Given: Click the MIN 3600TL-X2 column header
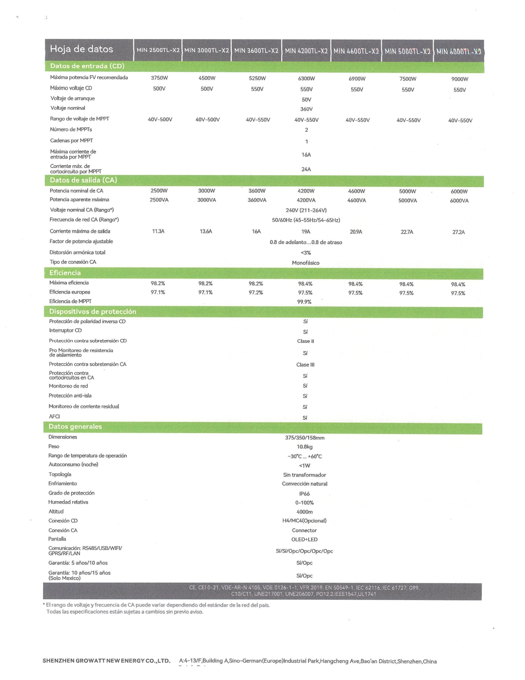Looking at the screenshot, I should click(256, 51).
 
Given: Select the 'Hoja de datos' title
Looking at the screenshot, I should click(82, 49).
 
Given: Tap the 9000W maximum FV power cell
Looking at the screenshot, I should click(460, 79).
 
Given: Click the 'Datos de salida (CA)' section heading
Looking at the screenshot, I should click(84, 180).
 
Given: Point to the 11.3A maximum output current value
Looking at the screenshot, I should click(158, 232).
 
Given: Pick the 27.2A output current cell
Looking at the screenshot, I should click(458, 232).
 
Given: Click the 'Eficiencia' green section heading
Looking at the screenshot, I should click(65, 273).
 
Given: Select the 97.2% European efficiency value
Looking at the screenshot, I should click(256, 293).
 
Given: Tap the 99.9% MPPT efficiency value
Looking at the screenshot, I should click(304, 302).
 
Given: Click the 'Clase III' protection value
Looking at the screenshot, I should click(306, 365).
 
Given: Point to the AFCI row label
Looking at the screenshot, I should click(54, 417).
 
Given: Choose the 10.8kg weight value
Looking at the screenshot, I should click(305, 447).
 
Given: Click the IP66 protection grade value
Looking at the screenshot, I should click(304, 494).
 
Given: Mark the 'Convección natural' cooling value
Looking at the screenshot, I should click(305, 484).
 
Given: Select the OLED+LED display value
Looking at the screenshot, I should click(304, 539).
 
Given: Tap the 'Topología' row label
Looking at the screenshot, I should click(60, 474).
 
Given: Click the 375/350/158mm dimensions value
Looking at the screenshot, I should click(305, 438).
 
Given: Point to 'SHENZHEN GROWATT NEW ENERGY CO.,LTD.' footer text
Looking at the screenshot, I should click(106, 661).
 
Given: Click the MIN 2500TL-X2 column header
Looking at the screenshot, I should click(158, 50).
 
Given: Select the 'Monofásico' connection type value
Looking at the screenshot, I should click(306, 263).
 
